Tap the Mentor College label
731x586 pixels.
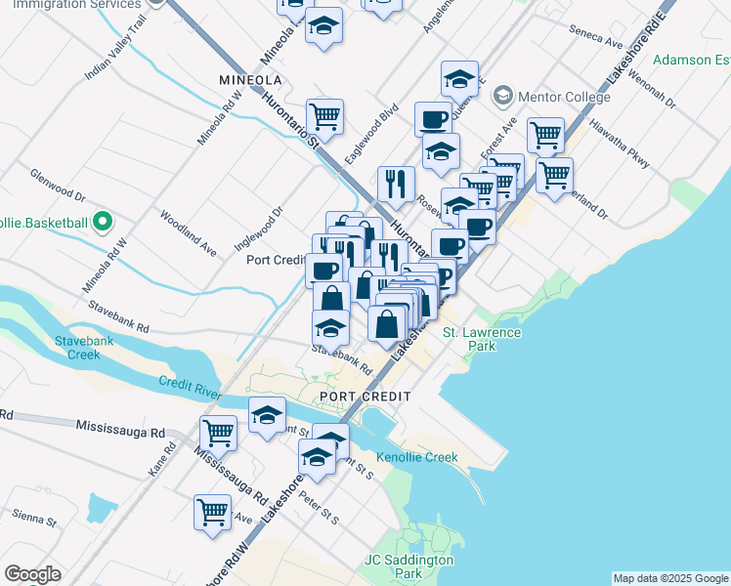click(x=565, y=97)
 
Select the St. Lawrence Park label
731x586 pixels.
click(x=482, y=339)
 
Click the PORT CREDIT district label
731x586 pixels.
click(x=365, y=396)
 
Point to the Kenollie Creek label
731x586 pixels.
click(x=417, y=457)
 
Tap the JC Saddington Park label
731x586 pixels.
click(x=409, y=566)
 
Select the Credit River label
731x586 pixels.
click(x=190, y=389)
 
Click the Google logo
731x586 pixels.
click(x=32, y=574)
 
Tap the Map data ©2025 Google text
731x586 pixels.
click(x=670, y=578)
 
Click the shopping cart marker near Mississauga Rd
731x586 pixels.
click(x=218, y=431)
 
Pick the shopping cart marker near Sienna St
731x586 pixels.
click(x=212, y=510)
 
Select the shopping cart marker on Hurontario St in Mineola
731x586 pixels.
click(x=324, y=116)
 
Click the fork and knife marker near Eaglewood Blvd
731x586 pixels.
click(x=396, y=182)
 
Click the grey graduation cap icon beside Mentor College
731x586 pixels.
click(x=503, y=97)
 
